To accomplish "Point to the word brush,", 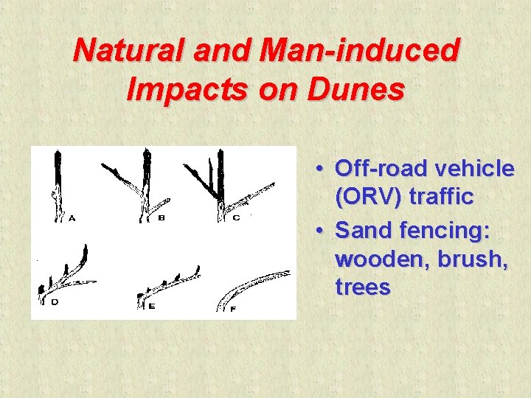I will pos(475,259).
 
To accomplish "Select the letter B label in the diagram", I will pos(161,218).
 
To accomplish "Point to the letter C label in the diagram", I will pos(236,218).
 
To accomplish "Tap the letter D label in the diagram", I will pos(54,303).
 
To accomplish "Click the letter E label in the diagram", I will pos(151,305).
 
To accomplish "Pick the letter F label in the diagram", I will pos(233,308).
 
